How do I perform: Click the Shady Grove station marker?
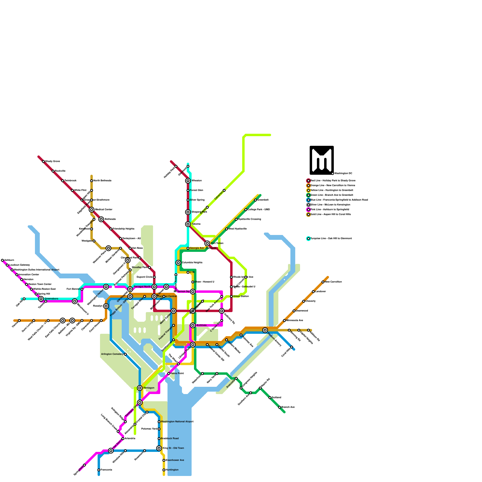(x=43, y=161)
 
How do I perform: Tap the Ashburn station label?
(x=9, y=260)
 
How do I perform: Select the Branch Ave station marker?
(x=280, y=407)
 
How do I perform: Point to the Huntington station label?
(x=172, y=470)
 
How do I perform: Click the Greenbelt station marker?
(x=255, y=200)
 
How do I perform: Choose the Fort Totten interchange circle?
(x=207, y=243)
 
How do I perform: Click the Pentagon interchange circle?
(x=140, y=388)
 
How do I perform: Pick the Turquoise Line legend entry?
(x=331, y=238)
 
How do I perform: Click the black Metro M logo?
(x=322, y=160)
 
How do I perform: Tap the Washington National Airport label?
(x=177, y=421)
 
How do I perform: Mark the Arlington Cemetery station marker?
(x=125, y=354)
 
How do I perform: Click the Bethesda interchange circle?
(x=101, y=219)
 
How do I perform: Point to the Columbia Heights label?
(x=192, y=262)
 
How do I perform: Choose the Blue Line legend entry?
(x=339, y=200)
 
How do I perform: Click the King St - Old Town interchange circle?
(x=159, y=448)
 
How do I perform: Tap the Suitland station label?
(x=276, y=397)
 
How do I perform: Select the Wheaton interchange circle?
(x=188, y=181)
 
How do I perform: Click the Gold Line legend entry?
(x=330, y=214)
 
